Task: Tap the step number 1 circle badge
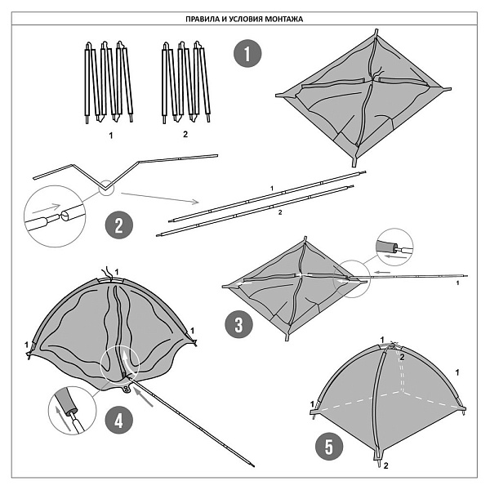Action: point(247,53)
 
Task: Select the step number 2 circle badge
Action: point(119,225)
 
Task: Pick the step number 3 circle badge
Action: point(238,324)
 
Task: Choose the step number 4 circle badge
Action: point(119,421)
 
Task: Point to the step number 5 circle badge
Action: point(329,446)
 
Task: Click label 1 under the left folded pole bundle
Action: point(111,136)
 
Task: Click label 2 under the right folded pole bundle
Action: point(185,135)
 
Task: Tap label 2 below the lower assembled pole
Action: point(280,212)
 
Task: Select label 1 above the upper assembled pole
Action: point(272,188)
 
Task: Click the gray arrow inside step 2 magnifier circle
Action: point(46,208)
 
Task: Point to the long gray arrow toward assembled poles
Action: point(160,198)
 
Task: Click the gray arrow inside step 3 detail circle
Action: point(394,256)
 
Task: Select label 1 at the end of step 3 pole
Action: point(458,283)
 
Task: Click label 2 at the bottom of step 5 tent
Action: point(386,465)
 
